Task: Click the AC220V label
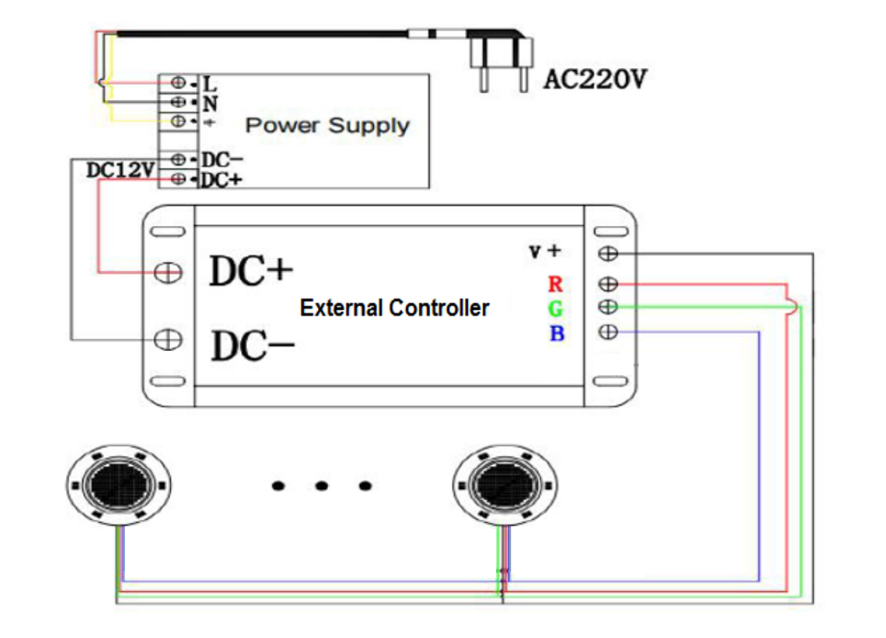pyautogui.click(x=595, y=81)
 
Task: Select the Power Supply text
pyautogui.click(x=327, y=125)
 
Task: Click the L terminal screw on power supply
pyautogui.click(x=178, y=83)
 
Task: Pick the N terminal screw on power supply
pyautogui.click(x=178, y=102)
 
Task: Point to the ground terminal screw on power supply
pyautogui.click(x=178, y=121)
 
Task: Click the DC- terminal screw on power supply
pyautogui.click(x=178, y=159)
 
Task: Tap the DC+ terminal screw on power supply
pyautogui.click(x=178, y=179)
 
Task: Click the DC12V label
pyautogui.click(x=120, y=169)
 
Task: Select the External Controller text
pyautogui.click(x=394, y=308)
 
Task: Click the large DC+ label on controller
pyautogui.click(x=251, y=272)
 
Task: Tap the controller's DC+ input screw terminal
pyautogui.click(x=167, y=272)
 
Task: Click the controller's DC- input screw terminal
pyautogui.click(x=167, y=338)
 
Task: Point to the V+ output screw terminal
pyautogui.click(x=609, y=253)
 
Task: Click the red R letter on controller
pyautogui.click(x=556, y=284)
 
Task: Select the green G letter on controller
pyautogui.click(x=556, y=308)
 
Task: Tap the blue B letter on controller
pyautogui.click(x=556, y=333)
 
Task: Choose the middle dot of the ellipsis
pyautogui.click(x=322, y=486)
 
